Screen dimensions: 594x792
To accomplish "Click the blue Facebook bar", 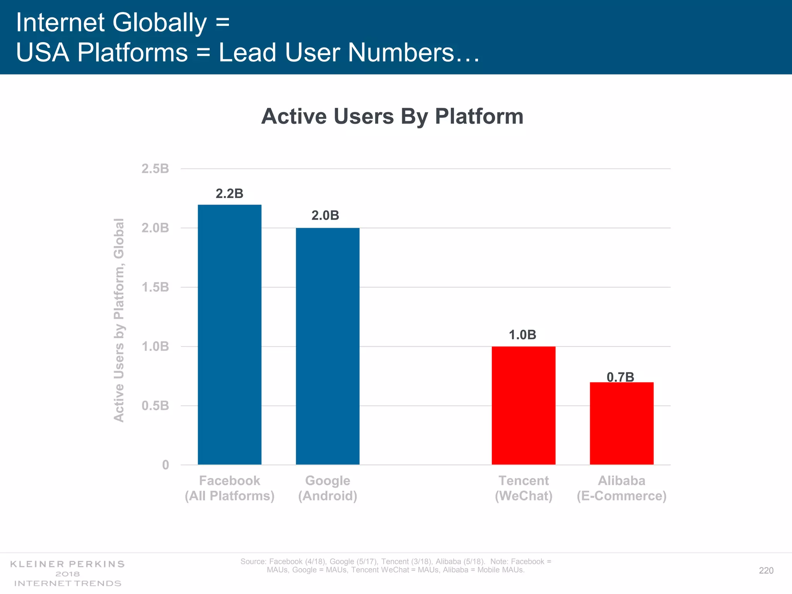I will pos(229,335).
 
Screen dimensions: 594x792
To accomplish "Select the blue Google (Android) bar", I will pos(328,346).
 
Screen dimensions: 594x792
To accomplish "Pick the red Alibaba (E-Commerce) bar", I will pos(621,423).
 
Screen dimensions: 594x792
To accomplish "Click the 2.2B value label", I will pos(229,193).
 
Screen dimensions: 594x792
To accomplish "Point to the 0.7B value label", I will pos(620,377).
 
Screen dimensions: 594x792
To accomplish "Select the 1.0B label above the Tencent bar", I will pos(522,335).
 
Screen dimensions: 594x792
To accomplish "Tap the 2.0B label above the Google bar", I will pos(325,215).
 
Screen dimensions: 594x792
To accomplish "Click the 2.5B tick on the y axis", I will pos(155,169).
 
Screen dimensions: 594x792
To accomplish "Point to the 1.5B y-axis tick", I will pos(155,287).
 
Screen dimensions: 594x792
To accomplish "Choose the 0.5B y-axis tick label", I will pos(155,406).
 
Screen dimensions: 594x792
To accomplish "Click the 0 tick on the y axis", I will pos(166,465).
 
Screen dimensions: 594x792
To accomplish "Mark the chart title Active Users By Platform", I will pos(392,116).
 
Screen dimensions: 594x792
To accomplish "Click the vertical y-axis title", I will pos(119,320).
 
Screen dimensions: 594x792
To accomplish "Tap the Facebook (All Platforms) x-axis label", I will pos(229,488).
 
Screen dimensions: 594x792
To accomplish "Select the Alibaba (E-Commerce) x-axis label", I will pos(621,488).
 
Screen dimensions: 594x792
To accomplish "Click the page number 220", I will pos(766,570).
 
